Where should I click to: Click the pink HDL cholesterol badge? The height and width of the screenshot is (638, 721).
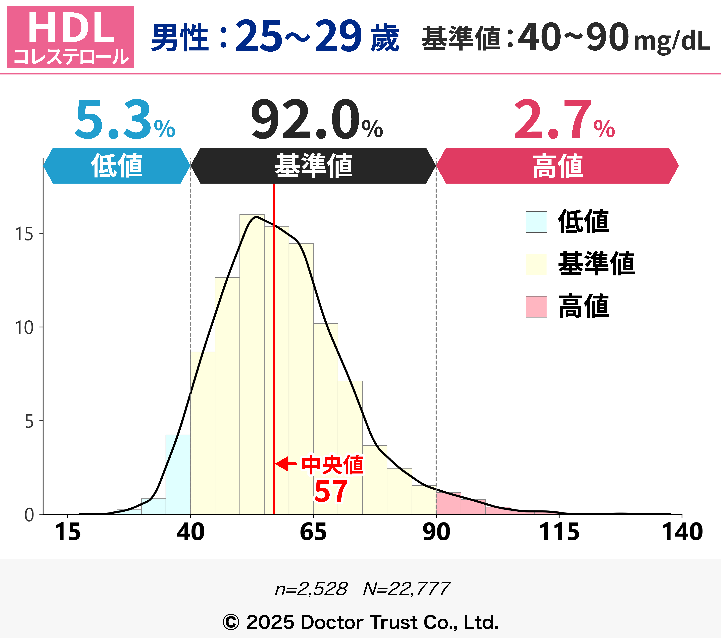tap(71, 37)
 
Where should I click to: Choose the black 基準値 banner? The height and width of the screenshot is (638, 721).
tap(313, 165)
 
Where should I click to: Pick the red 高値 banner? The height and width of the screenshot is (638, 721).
tap(557, 165)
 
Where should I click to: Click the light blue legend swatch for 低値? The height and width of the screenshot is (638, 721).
tap(536, 222)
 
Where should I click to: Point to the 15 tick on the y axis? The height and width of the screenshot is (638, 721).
tap(24, 234)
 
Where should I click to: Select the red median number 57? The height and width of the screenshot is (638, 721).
tap(331, 491)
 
